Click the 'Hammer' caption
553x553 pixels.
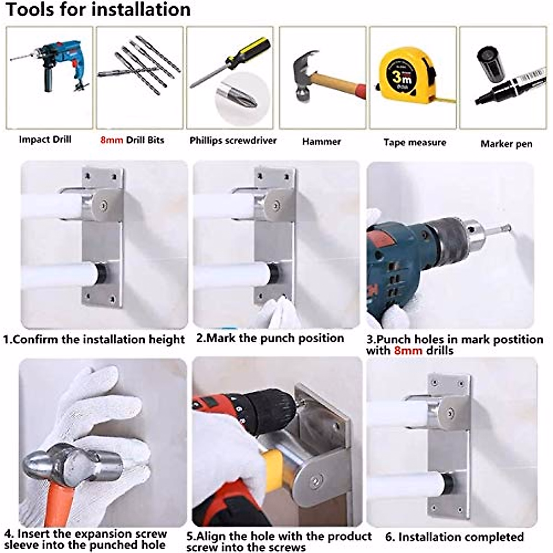click(x=322, y=142)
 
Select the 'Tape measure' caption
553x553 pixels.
click(x=415, y=142)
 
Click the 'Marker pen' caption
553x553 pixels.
click(x=506, y=144)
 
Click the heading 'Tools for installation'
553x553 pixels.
click(x=98, y=10)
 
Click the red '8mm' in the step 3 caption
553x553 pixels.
click(x=408, y=351)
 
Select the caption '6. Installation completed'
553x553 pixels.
click(x=454, y=537)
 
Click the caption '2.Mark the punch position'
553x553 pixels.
click(x=270, y=338)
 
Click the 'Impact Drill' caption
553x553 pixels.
click(x=45, y=140)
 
